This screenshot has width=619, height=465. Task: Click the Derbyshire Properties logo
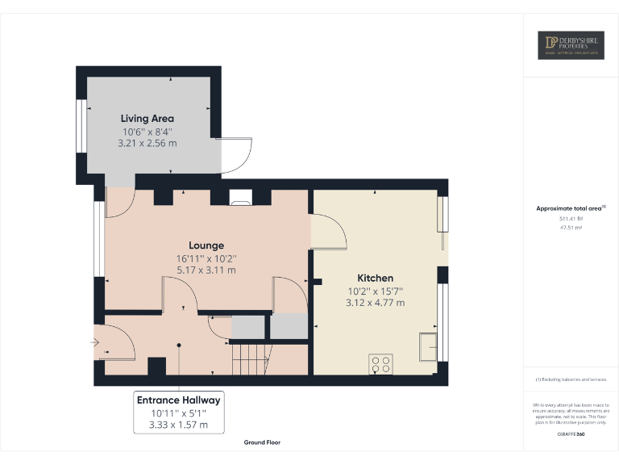[x=571, y=45]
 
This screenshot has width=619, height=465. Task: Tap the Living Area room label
[x=147, y=119]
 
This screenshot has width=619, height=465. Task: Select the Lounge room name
[x=206, y=245]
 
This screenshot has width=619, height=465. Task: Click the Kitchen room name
[x=375, y=278]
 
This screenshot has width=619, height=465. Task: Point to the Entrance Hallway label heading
[x=178, y=400]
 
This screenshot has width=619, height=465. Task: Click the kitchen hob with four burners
[x=380, y=364]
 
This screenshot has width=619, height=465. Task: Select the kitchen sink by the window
[x=427, y=346]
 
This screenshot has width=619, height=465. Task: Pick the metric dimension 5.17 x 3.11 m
[x=206, y=270]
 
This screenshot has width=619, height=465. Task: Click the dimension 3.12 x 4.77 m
[x=375, y=303]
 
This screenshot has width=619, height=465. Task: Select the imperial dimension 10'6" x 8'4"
[x=147, y=132]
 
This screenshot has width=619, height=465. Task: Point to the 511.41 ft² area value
[x=571, y=219]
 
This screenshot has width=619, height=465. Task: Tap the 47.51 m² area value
[x=571, y=228]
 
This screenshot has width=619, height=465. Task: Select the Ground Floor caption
[x=263, y=442]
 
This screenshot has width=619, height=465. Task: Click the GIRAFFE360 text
[x=571, y=434]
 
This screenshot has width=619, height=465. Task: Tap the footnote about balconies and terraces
[x=571, y=379]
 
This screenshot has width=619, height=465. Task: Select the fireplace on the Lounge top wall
[x=240, y=195]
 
